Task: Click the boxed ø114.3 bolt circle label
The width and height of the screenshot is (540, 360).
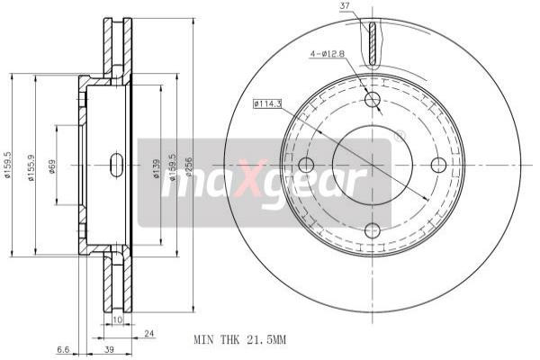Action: [x=268, y=104]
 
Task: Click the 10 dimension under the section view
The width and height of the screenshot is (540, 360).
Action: [x=117, y=319]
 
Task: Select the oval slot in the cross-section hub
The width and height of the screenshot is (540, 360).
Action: [x=116, y=165]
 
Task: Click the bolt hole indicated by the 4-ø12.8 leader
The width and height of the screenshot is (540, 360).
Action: [x=372, y=99]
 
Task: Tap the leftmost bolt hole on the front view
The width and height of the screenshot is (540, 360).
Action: [x=305, y=165]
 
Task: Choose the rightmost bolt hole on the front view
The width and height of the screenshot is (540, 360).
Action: [x=438, y=165]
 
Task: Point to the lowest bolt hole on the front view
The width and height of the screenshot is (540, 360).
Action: [x=372, y=230]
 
